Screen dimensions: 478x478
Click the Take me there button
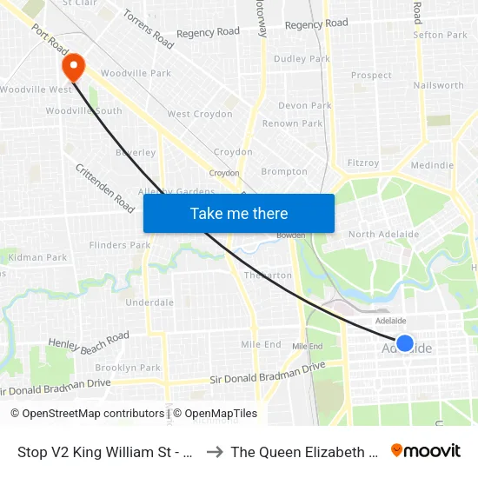coord(239,214)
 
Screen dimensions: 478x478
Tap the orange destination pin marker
coord(71,66)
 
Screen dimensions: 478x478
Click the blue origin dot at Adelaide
coord(405,342)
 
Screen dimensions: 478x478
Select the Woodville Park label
coord(136,74)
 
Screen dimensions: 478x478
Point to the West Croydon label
coord(200,114)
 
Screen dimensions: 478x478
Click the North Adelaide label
coord(383,235)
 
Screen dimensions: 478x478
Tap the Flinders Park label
coord(120,245)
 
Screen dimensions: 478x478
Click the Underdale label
coord(149,302)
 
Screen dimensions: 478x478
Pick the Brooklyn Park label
coord(128,368)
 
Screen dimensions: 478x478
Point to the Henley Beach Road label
coord(89,340)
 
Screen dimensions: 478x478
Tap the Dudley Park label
coord(302,59)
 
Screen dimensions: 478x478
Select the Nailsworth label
coord(439,85)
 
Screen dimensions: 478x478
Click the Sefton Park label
coord(441,36)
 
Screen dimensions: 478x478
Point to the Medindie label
coord(432,165)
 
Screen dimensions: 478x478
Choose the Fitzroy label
coord(363,163)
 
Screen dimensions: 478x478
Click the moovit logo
coord(426,450)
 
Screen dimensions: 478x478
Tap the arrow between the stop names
coord(215,452)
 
